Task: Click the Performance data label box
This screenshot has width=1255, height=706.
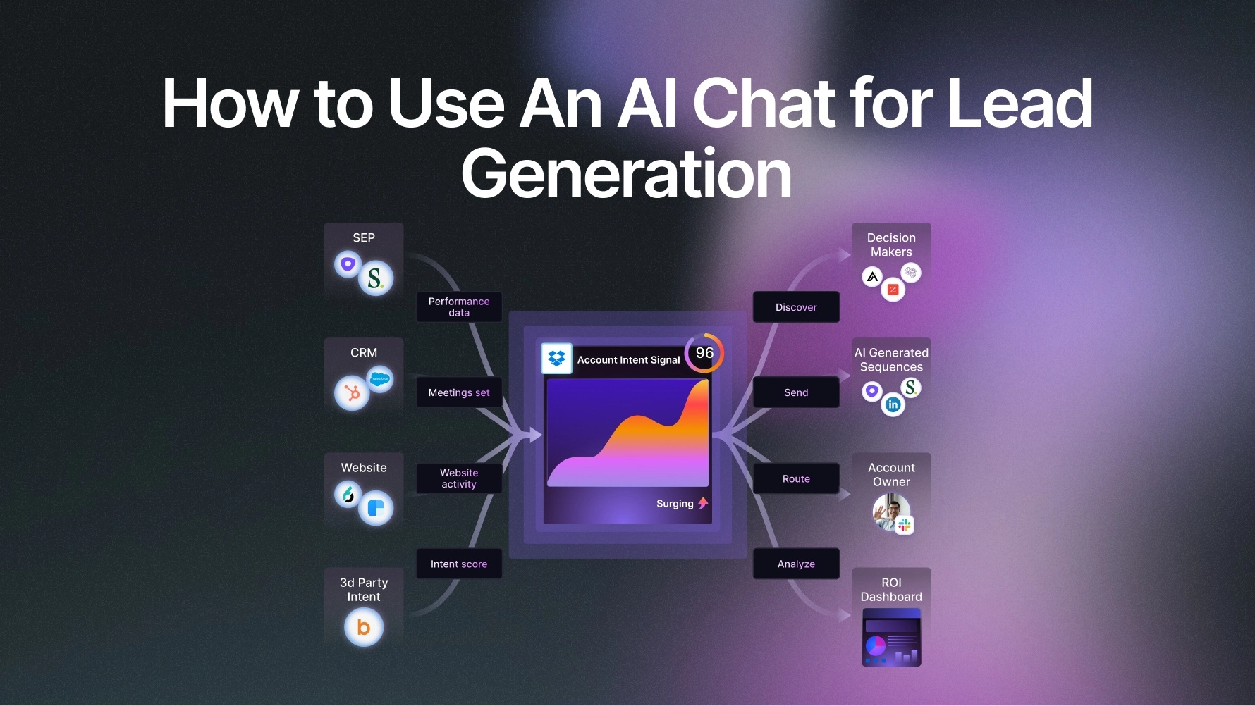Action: tap(459, 307)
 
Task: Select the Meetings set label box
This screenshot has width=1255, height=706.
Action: tap(459, 392)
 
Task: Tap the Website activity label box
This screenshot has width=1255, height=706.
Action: tap(459, 478)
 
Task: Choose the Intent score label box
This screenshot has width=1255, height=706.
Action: tap(459, 564)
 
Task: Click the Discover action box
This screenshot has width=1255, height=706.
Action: tap(796, 307)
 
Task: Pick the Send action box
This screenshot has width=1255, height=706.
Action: tap(796, 392)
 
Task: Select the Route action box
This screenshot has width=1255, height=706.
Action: tap(796, 478)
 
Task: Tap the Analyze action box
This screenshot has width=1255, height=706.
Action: tap(796, 564)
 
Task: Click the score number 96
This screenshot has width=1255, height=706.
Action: tap(704, 353)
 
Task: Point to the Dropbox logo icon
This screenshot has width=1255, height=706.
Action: tap(556, 358)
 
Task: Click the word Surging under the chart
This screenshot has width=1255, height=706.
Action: tap(675, 504)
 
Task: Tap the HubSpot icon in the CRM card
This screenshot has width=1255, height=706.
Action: tap(352, 393)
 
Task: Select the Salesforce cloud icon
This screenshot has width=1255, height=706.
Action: tap(380, 379)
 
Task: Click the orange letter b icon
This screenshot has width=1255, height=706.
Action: tap(364, 627)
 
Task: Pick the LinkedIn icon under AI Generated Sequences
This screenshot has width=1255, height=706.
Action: tap(893, 404)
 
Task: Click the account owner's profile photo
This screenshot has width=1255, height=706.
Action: tap(891, 512)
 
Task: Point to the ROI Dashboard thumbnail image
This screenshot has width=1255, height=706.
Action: tap(891, 638)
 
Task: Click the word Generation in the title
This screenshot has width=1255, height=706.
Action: tap(626, 174)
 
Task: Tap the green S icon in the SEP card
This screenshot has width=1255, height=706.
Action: tap(376, 278)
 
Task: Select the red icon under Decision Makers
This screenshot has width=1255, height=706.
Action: tap(893, 290)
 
